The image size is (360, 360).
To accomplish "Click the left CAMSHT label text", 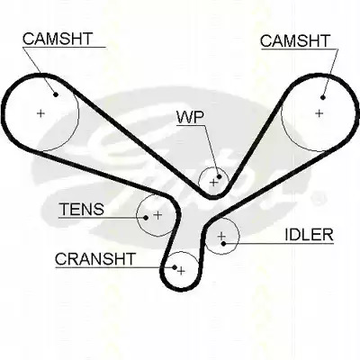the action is click(x=58, y=39).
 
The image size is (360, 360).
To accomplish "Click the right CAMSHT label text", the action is click(x=295, y=40).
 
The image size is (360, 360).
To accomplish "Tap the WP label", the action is click(x=190, y=117).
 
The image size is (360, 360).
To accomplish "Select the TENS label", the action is click(x=82, y=209).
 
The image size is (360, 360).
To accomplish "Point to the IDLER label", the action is click(x=309, y=235).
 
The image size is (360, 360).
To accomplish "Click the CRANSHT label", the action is click(x=95, y=259).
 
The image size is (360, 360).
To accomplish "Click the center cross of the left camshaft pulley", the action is click(x=40, y=113).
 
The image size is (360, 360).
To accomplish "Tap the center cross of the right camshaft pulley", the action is click(x=319, y=113).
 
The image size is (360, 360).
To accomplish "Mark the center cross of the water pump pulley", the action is click(x=213, y=182).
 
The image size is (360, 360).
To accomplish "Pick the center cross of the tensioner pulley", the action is click(x=157, y=215).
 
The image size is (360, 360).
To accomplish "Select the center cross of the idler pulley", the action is click(x=221, y=236).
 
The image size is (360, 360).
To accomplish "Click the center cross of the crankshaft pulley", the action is click(x=181, y=271).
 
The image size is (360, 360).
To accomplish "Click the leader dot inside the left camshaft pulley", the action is click(x=56, y=94).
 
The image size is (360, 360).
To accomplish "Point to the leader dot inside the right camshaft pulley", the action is click(x=323, y=97).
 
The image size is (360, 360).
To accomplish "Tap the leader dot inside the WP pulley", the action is click(x=219, y=176).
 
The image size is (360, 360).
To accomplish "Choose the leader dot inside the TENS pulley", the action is click(x=146, y=218).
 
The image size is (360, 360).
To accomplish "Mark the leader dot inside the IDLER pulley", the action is click(x=223, y=243).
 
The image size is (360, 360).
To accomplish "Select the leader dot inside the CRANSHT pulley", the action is click(x=175, y=266).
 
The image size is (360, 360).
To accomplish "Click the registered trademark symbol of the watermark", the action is click(x=318, y=199).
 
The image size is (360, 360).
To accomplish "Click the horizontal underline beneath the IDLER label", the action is click(x=279, y=243).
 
